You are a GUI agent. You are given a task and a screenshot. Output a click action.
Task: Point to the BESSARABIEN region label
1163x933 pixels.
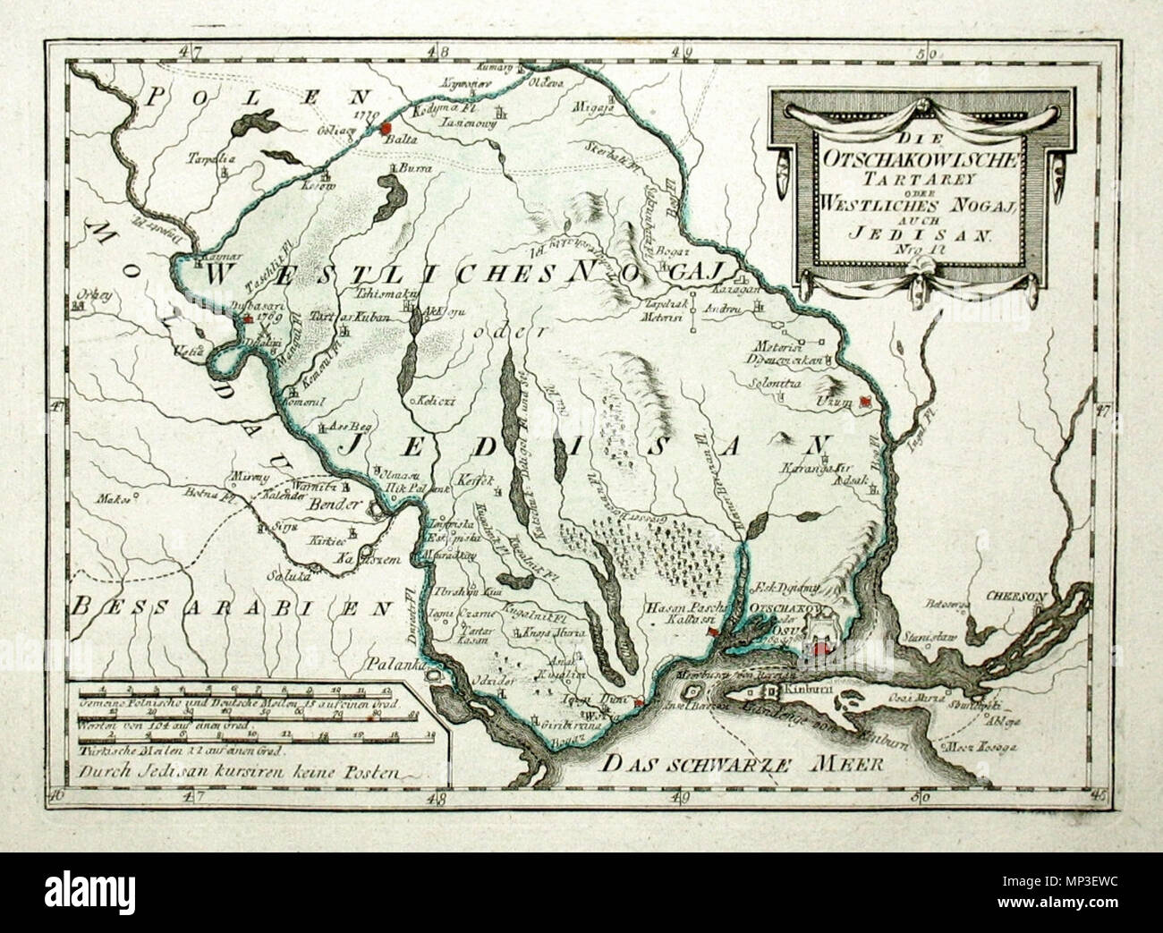(233, 609)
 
